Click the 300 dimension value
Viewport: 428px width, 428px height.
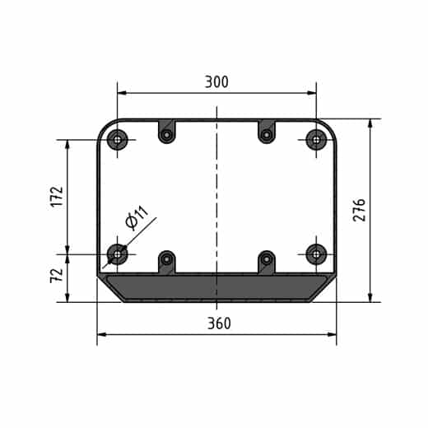[216, 81]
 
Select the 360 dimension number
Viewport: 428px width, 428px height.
[219, 323]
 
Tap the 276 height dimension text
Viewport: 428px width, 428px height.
[359, 210]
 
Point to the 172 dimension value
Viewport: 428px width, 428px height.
[57, 197]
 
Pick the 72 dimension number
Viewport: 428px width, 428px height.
[57, 275]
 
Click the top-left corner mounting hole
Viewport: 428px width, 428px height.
[118, 140]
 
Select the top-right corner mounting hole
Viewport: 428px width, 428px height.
[316, 140]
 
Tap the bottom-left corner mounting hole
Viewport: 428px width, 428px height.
[118, 254]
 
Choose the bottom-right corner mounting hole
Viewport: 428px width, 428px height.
[316, 254]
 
